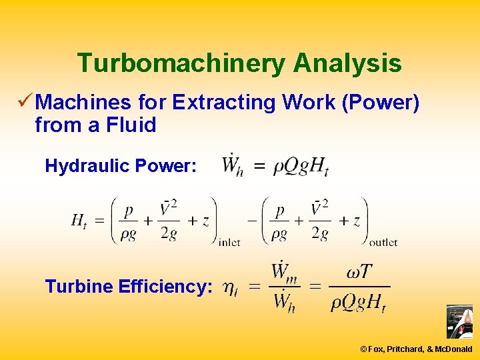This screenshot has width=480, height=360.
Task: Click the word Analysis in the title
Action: [347, 63]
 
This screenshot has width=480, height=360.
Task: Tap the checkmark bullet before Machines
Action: [25, 101]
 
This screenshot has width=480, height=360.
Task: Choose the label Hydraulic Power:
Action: [121, 166]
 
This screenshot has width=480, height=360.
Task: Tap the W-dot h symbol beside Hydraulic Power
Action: [232, 165]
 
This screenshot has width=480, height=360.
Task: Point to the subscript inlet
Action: [229, 243]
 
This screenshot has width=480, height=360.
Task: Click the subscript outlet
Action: [383, 243]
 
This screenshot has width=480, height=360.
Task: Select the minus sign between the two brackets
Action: [253, 221]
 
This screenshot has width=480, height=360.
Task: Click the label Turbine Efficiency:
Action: [129, 287]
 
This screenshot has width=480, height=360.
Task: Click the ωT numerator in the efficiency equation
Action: [359, 273]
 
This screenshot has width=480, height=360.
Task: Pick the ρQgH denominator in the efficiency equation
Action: [359, 303]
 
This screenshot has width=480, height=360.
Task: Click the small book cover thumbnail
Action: [459, 321]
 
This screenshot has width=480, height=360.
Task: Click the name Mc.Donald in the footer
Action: [453, 349]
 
